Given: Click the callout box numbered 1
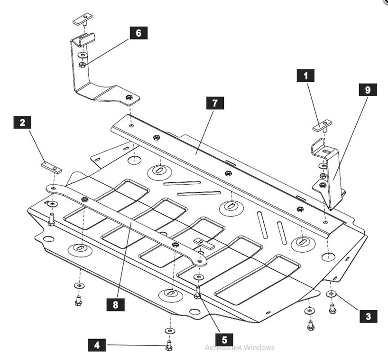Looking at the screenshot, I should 305,75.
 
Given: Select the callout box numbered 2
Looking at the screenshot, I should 22,123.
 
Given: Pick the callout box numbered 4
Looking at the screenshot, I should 97,345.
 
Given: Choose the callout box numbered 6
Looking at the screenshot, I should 138,33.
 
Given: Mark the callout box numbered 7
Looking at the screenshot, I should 215,103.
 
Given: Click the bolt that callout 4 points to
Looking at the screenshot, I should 168,346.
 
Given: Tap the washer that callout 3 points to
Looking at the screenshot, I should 332,294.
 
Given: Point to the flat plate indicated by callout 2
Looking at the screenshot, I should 51,167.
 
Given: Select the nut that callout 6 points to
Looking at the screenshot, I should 82,64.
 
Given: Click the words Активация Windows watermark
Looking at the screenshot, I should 240,348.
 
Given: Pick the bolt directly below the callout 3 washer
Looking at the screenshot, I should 332,309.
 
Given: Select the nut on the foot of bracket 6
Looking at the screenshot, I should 129,98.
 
